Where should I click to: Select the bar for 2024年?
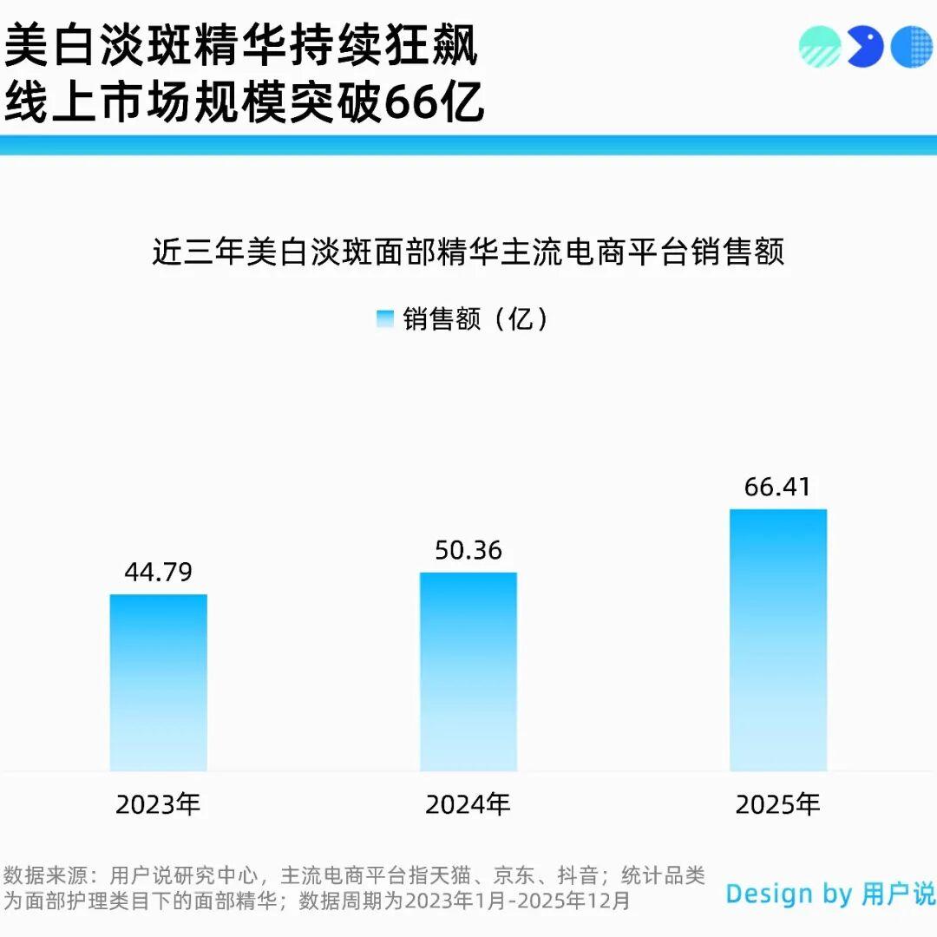tap(468, 672)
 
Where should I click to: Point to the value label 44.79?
tap(158, 573)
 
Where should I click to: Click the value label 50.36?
tap(468, 551)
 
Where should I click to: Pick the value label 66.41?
tap(777, 488)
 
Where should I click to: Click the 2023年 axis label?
tap(158, 805)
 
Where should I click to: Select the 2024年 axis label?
tap(468, 805)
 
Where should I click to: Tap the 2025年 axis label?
tap(777, 805)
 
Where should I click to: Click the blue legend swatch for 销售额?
tap(385, 319)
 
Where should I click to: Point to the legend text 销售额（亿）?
tap(476, 319)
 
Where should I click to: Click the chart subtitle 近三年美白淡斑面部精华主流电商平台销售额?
tap(468, 252)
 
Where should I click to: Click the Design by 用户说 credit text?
tap(830, 894)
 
